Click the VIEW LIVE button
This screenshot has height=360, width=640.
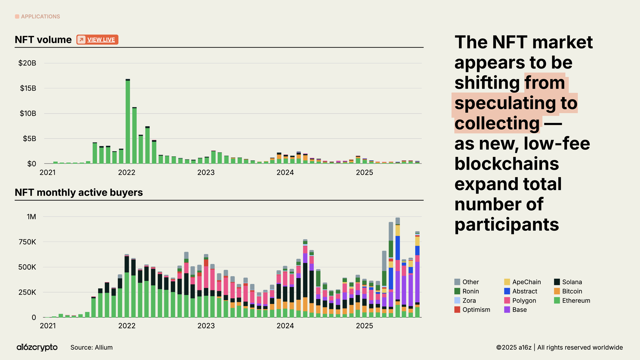tap(97, 40)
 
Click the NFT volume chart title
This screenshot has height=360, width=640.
tap(43, 40)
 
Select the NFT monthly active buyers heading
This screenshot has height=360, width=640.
tap(79, 193)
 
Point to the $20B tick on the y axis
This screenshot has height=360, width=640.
tap(27, 63)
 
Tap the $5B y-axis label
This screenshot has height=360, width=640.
tap(29, 138)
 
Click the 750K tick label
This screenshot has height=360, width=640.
tap(27, 242)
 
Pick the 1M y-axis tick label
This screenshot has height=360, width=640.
tap(31, 217)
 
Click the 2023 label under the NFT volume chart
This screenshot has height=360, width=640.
tap(206, 173)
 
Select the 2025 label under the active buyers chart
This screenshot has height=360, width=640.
tap(364, 326)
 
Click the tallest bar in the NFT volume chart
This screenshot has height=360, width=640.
tap(128, 122)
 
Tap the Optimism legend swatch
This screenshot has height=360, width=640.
tap(457, 310)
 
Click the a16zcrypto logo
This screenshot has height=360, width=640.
tap(37, 347)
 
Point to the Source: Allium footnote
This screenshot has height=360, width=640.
tap(91, 347)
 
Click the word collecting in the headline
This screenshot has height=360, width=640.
tap(497, 123)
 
